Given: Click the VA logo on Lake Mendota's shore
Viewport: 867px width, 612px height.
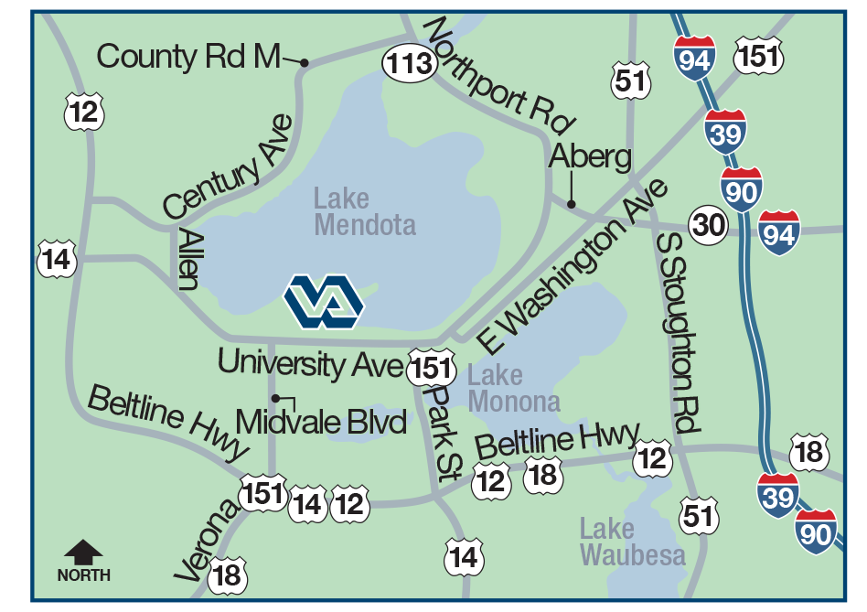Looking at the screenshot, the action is [x=324, y=301].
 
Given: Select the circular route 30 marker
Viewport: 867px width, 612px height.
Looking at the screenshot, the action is [x=710, y=224].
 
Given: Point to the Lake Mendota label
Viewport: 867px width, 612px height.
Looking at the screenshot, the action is [x=364, y=211].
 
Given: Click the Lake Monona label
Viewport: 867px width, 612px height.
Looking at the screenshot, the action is [x=513, y=388].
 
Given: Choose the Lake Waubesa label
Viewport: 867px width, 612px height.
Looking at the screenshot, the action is [x=631, y=542].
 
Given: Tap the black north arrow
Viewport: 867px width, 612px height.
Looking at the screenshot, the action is [x=83, y=552].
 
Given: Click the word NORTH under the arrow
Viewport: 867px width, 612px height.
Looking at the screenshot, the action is [x=83, y=575].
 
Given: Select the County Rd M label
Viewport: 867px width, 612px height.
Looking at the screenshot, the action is [x=187, y=57].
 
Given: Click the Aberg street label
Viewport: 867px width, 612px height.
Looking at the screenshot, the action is [x=590, y=157].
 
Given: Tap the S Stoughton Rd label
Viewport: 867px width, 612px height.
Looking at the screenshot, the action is [x=680, y=330].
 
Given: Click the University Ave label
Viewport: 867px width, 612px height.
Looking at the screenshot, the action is [x=310, y=363].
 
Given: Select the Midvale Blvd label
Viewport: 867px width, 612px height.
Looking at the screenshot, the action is [x=321, y=422].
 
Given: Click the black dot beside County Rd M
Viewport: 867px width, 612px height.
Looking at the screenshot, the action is [x=304, y=63].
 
